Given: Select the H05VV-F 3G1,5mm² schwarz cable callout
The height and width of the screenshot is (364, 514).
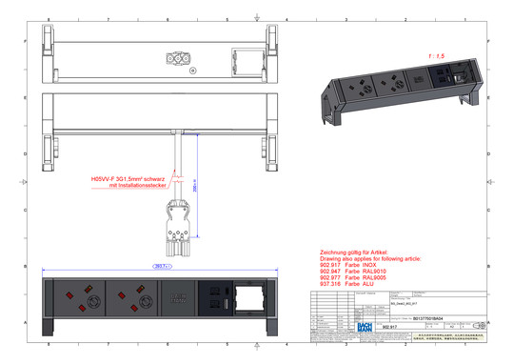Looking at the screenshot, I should pyautogui.click(x=128, y=178).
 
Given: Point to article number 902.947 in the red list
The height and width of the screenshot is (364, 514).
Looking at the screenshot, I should pyautogui.click(x=333, y=271).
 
